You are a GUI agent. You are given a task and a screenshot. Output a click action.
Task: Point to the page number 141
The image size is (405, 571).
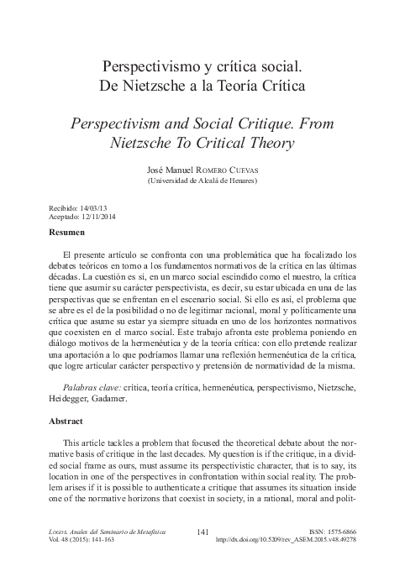coord(202,532)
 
